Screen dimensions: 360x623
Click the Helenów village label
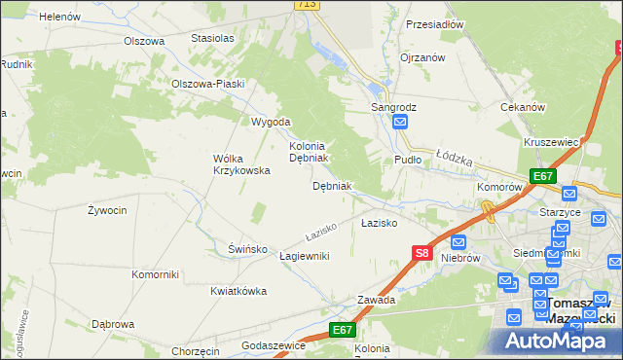60,17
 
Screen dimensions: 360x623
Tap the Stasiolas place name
213,38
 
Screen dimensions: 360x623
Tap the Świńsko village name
247,248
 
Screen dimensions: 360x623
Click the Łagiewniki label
305,255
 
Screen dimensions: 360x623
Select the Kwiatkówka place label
238,290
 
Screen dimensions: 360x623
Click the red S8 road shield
421,253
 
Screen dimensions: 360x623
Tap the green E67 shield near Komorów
543,176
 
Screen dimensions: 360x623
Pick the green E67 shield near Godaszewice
341,330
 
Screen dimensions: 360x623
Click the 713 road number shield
307,5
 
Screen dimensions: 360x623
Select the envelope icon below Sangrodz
400,122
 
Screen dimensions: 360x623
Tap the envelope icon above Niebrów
458,242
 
